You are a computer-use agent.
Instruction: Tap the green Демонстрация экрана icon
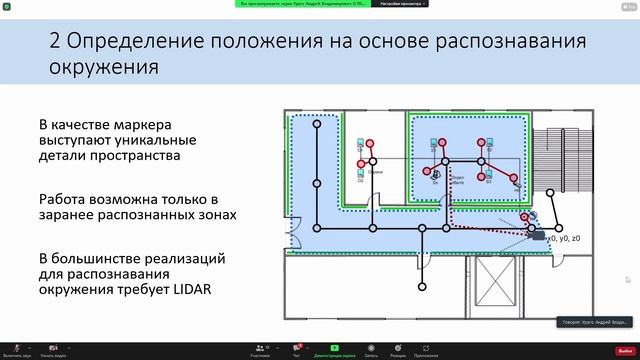(335, 349)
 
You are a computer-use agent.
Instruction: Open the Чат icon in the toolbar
(297, 349)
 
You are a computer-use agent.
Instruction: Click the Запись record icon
(371, 349)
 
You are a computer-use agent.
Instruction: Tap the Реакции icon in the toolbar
(398, 349)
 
